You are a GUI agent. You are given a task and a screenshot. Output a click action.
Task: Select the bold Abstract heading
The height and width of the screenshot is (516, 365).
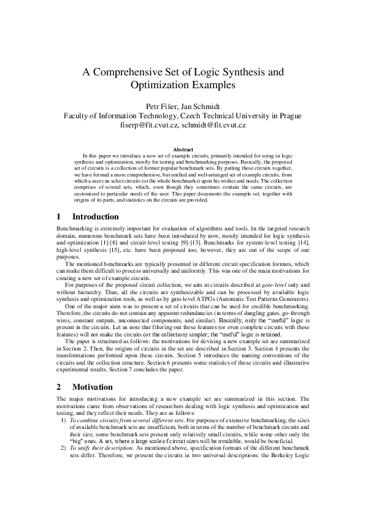tap(182, 149)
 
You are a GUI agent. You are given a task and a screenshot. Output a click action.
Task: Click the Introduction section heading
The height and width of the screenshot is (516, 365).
tap(96, 216)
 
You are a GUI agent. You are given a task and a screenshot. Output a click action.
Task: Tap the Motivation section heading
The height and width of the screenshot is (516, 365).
tap(93, 387)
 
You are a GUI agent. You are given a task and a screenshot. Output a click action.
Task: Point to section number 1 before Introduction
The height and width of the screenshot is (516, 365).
tap(58, 216)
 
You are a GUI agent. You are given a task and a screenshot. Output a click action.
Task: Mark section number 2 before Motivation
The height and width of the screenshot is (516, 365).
tap(58, 387)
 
